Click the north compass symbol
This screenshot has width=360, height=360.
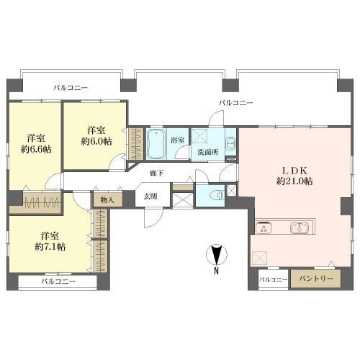coord(216,255)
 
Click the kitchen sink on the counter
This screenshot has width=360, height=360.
coord(300,229)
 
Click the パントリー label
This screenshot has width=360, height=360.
coord(312,279)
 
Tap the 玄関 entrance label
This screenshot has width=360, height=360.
coord(150,196)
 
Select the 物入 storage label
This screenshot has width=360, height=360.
coord(107,199)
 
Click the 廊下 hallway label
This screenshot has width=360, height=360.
coord(156,174)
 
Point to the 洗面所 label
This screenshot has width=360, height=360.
coord(202,153)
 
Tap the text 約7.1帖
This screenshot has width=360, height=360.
coord(50,246)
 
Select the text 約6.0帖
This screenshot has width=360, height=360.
coord(97,141)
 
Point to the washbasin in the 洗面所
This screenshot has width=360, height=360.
coord(230,141)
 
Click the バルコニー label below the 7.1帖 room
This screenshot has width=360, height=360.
coord(58,282)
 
